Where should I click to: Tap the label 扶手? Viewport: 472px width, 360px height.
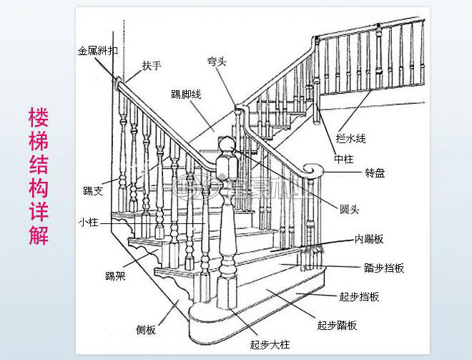click(x=152, y=66)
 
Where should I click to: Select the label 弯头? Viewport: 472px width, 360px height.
click(x=217, y=62)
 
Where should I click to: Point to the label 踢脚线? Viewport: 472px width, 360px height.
click(x=186, y=94)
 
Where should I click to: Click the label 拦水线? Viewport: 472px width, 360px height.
click(x=352, y=137)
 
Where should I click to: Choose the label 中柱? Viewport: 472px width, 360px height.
click(x=344, y=158)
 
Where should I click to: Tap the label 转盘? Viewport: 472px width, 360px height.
click(x=375, y=173)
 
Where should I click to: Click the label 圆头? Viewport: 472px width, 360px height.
click(x=349, y=210)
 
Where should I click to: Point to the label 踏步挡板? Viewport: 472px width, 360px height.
click(x=384, y=268)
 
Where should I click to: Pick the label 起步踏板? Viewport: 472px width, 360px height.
click(x=337, y=324)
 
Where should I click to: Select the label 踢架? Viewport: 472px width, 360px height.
click(x=115, y=276)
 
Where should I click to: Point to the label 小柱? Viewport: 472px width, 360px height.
click(x=88, y=222)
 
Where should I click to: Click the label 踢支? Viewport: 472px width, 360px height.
click(x=93, y=191)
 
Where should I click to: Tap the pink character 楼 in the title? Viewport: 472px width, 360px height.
click(x=39, y=117)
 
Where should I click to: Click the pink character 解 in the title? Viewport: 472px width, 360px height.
click(x=39, y=235)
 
